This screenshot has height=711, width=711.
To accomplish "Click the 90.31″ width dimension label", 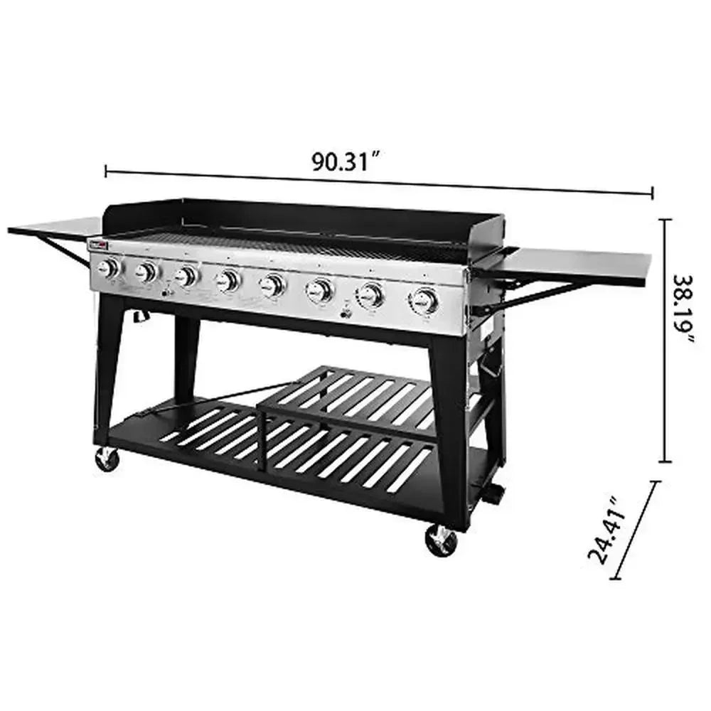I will [x=343, y=161].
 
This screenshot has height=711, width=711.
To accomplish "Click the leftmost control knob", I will [x=108, y=269].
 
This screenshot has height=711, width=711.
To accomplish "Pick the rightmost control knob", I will [x=424, y=301].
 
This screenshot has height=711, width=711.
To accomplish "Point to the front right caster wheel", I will [x=441, y=540].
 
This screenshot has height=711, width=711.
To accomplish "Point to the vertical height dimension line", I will [x=665, y=341].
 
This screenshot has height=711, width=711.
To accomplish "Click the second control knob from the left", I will [x=146, y=272].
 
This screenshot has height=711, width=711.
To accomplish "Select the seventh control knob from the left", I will [x=370, y=294].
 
